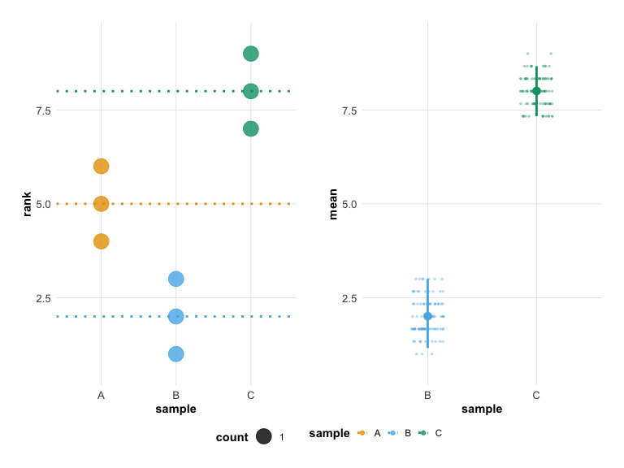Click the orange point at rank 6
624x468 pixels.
[101, 167]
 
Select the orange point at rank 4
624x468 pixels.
[101, 241]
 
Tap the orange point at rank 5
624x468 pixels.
[101, 204]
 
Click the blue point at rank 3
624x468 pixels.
[175, 279]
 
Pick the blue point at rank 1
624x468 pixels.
[175, 353]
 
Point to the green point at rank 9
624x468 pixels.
[250, 54]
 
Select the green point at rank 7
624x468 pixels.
[250, 128]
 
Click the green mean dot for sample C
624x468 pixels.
[536, 91]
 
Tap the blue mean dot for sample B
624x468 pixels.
[428, 316]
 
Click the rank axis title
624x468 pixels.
[27, 204]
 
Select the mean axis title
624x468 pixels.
[333, 204]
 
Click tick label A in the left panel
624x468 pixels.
[101, 395]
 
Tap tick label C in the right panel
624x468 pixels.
[536, 395]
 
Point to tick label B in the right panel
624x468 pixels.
[428, 395]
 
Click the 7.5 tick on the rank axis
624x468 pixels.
[40, 110]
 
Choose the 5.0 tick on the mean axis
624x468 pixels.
[346, 204]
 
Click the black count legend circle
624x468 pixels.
[263, 437]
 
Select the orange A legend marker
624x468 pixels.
[362, 433]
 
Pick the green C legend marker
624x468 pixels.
[424, 433]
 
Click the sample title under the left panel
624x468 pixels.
[175, 409]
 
